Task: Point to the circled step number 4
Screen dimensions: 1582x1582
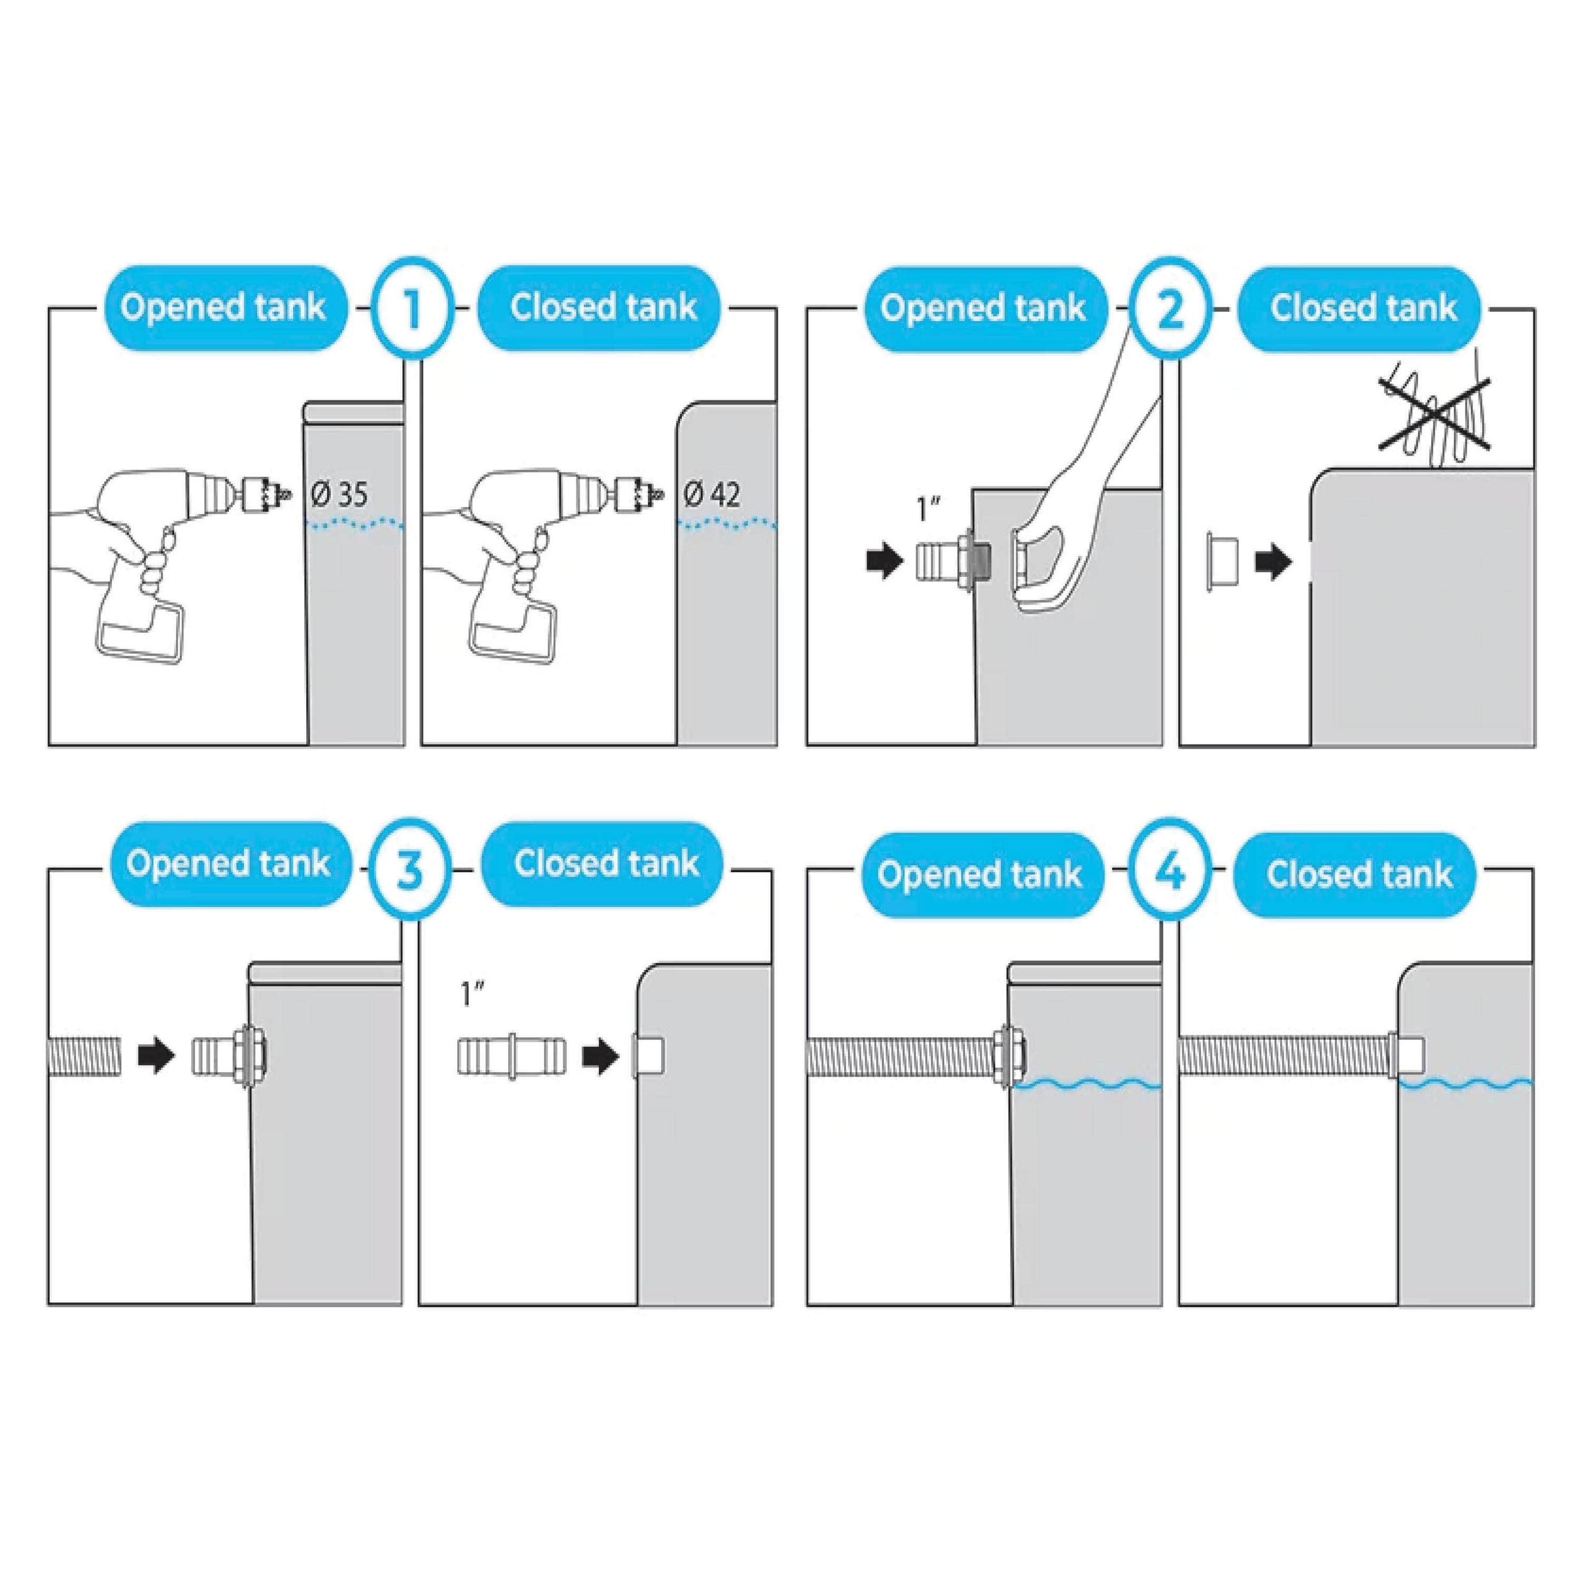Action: click(x=1169, y=874)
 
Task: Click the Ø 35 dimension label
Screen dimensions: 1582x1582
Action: click(x=340, y=495)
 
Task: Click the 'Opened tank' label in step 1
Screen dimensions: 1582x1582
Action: click(x=223, y=308)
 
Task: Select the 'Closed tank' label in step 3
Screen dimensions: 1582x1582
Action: click(x=606, y=864)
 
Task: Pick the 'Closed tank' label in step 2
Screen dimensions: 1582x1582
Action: click(x=1363, y=308)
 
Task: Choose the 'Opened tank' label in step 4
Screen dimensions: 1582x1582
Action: click(x=980, y=874)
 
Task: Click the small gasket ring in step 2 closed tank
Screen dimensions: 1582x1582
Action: click(x=1220, y=562)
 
